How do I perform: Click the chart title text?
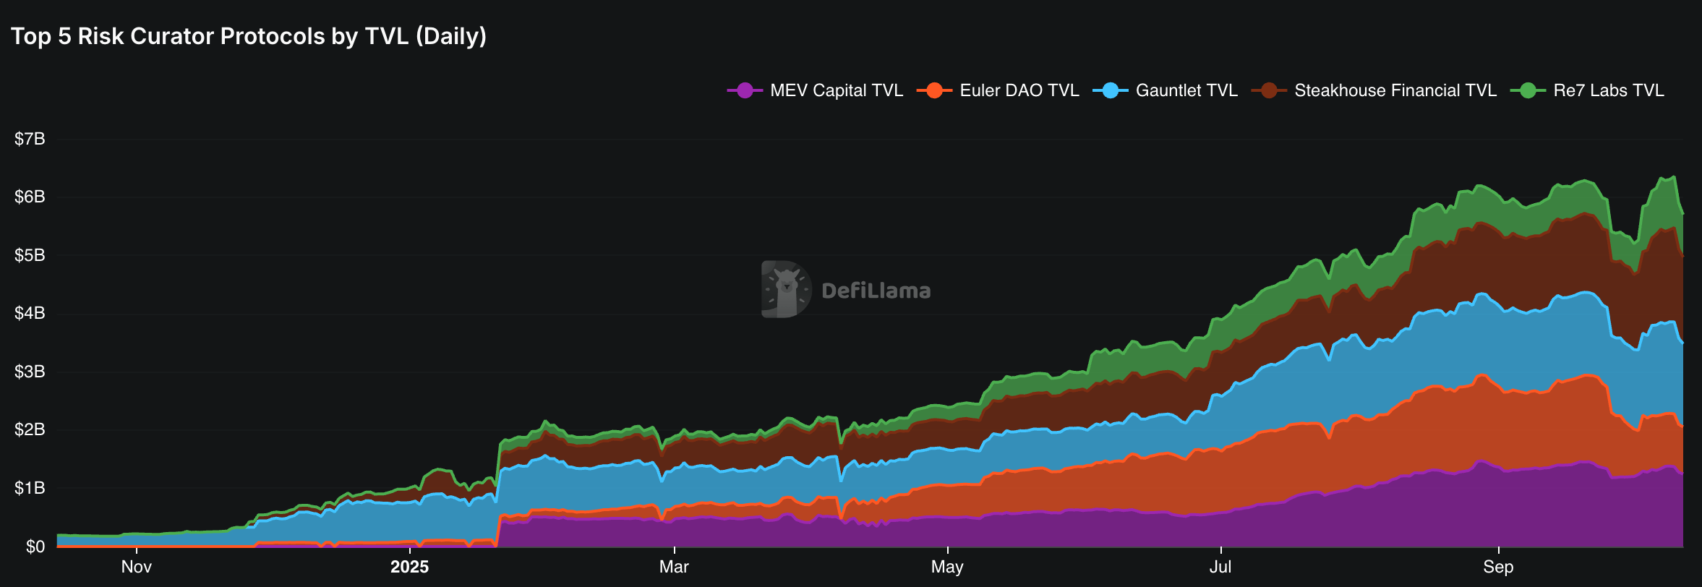pos(249,36)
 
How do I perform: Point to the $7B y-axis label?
pos(30,139)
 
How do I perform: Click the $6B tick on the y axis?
pos(30,197)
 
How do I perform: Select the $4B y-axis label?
pos(30,313)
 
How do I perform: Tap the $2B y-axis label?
pos(30,429)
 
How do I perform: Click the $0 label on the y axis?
pos(35,547)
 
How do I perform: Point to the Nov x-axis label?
pos(136,567)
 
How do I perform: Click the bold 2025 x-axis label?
pos(409,567)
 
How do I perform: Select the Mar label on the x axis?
pos(674,567)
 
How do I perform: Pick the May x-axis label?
pos(947,567)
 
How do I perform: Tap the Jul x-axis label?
pos(1220,567)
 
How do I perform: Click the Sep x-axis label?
pos(1498,567)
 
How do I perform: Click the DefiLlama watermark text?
pos(876,291)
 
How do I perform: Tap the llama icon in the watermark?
pos(786,289)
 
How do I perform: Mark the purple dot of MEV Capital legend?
pos(745,90)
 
